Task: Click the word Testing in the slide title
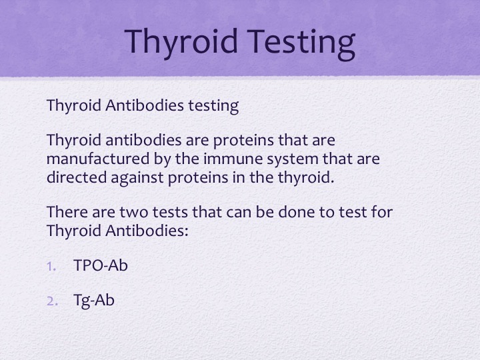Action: coord(301,42)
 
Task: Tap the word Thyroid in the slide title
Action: coord(181,42)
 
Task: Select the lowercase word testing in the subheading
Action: coord(213,106)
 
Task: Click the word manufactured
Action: coord(98,159)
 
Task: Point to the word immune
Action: coord(233,159)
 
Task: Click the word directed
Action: coord(77,177)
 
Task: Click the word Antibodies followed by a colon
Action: coord(147,231)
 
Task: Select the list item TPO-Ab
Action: coord(101,265)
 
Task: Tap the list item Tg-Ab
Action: coord(94,300)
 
